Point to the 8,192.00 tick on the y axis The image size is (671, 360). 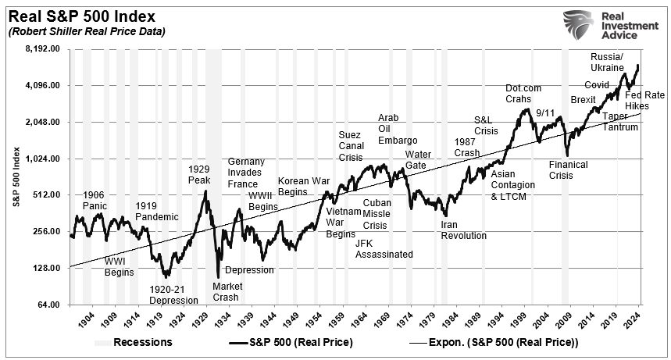(x=44, y=49)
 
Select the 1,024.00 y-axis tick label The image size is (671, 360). (x=44, y=159)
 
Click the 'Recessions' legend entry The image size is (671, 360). (x=134, y=342)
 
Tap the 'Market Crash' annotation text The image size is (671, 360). (x=227, y=291)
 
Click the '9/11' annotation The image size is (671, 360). (x=545, y=113)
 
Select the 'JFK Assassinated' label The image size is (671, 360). (x=384, y=248)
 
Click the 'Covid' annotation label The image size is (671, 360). (x=597, y=84)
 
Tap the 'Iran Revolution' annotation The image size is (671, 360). (x=463, y=230)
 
